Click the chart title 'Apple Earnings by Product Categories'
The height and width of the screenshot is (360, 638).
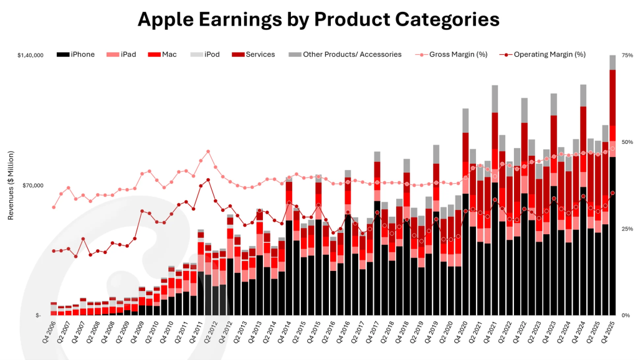coord(318,19)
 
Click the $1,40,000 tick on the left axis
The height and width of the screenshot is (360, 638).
coord(30,55)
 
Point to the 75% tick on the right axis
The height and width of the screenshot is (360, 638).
coord(627,55)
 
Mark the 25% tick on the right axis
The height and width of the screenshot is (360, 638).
coord(627,229)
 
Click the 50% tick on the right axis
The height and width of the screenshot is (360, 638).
coord(627,142)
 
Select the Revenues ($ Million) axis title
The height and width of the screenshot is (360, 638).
coord(11,185)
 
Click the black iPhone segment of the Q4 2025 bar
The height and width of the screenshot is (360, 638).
coord(613,237)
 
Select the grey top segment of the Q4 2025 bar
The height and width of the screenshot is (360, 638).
coord(613,62)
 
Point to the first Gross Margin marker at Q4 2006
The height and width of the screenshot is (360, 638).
coord(54,207)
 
